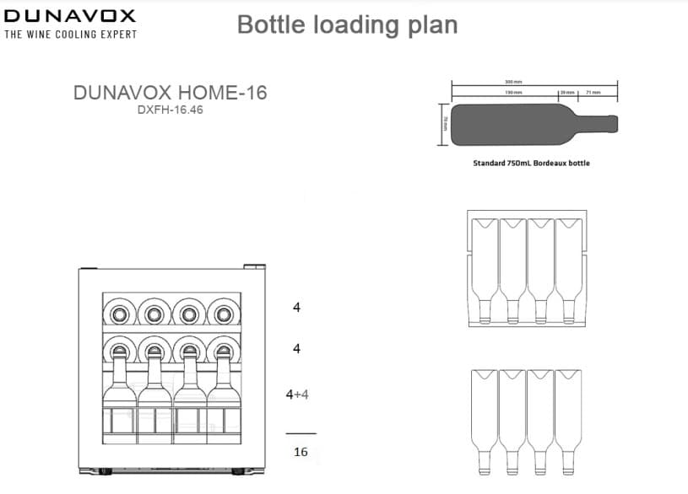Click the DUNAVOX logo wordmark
coord(69,15)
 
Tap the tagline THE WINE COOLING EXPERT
coord(70,35)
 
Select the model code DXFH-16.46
coord(170,110)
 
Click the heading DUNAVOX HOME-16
coord(170,92)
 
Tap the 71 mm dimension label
coord(593,92)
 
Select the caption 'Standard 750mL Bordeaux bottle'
coord(531,163)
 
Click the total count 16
coord(301,452)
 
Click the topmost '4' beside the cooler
coord(296,308)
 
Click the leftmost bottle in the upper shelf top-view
coord(485,270)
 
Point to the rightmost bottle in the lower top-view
coord(567,422)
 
